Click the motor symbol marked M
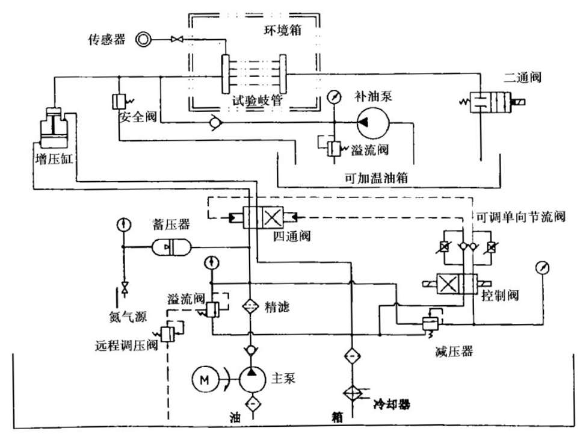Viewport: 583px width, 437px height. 205,379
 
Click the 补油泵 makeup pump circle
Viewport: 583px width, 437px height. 373,123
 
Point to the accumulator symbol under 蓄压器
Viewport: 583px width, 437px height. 169,247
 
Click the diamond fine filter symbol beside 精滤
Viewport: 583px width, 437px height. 250,306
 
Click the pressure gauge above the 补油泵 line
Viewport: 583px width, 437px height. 333,96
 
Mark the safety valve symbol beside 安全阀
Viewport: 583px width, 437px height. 118,101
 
